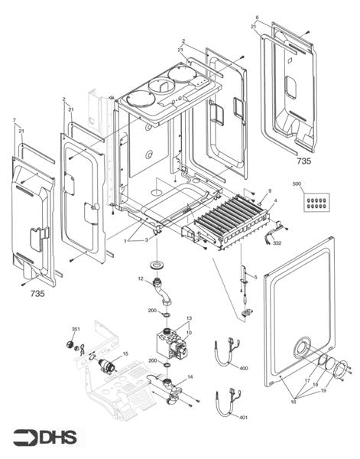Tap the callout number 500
297,184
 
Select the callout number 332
277,243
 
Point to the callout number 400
244,369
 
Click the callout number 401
244,418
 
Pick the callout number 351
76,329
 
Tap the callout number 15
125,353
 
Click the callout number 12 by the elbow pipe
141,279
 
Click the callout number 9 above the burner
270,190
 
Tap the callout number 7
15,121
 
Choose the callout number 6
257,18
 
